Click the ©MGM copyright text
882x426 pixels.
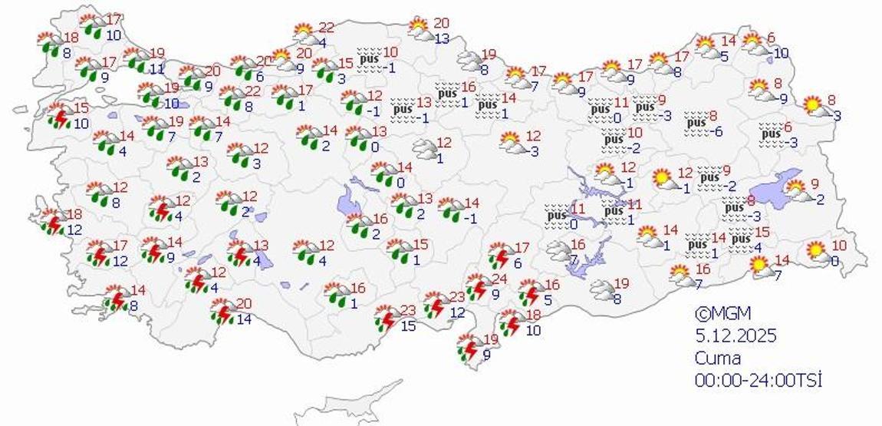[x=722, y=313]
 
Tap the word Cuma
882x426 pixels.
[x=718, y=358]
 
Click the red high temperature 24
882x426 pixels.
[x=499, y=279]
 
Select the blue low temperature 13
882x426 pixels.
[x=442, y=38]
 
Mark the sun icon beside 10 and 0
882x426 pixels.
[x=815, y=250]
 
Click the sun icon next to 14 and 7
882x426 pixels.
[x=761, y=267]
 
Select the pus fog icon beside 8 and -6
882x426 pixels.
[x=696, y=122]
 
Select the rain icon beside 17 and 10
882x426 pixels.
[x=94, y=25]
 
